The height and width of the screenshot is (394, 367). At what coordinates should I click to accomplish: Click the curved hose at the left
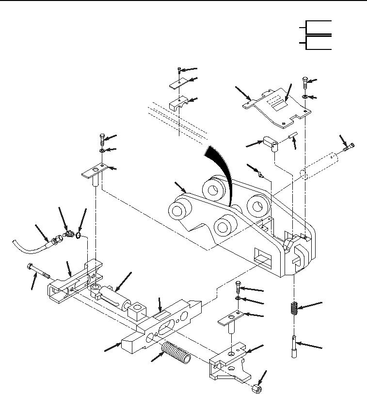(29, 245)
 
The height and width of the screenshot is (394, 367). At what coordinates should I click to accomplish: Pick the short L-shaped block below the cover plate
(271, 143)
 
